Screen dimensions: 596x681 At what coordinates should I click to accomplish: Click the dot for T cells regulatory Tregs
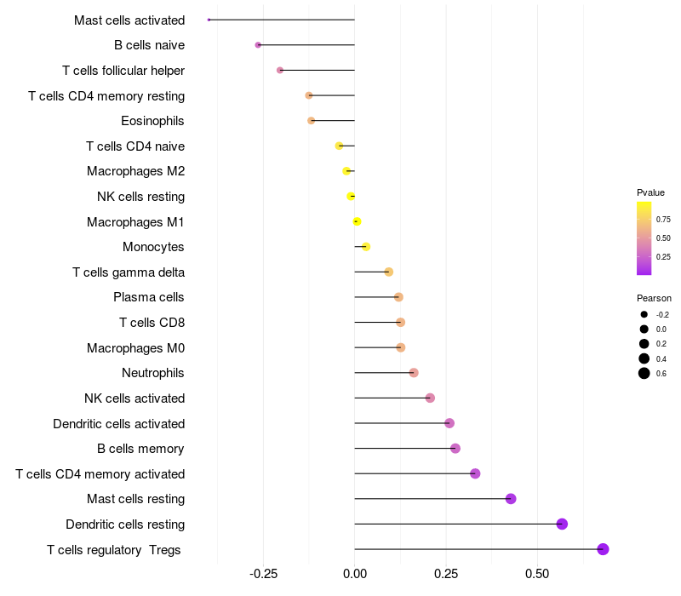tap(603, 549)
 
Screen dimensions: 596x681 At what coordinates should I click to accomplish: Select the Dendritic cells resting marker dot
tap(562, 524)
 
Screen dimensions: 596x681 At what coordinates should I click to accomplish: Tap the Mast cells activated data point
tap(209, 20)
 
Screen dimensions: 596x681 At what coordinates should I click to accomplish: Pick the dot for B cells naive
tap(258, 44)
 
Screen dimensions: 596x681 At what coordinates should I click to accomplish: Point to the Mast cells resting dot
tap(511, 499)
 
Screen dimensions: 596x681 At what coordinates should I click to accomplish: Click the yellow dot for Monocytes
tap(365, 247)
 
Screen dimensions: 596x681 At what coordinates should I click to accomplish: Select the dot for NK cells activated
tap(430, 398)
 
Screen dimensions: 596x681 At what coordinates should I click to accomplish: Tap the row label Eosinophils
tap(152, 121)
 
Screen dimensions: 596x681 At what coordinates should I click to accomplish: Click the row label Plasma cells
tap(149, 297)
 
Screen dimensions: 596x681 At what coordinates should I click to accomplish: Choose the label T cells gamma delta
tap(129, 272)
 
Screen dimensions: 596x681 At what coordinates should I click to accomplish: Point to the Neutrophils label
tap(153, 373)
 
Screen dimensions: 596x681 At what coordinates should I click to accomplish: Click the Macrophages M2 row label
tap(135, 171)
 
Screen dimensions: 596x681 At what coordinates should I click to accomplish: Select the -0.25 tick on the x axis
tap(263, 576)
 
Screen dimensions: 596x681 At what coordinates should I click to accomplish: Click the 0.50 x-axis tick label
tap(537, 576)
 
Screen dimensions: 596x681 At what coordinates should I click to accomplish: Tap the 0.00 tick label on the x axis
tap(355, 576)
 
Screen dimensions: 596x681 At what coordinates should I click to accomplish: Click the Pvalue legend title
tap(650, 192)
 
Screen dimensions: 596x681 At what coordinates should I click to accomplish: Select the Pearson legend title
tap(654, 299)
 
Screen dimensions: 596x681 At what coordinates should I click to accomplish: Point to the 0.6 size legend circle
tap(644, 373)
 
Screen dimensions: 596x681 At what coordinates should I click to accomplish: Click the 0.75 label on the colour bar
tap(663, 219)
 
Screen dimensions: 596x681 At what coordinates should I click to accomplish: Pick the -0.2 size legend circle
tap(644, 314)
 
